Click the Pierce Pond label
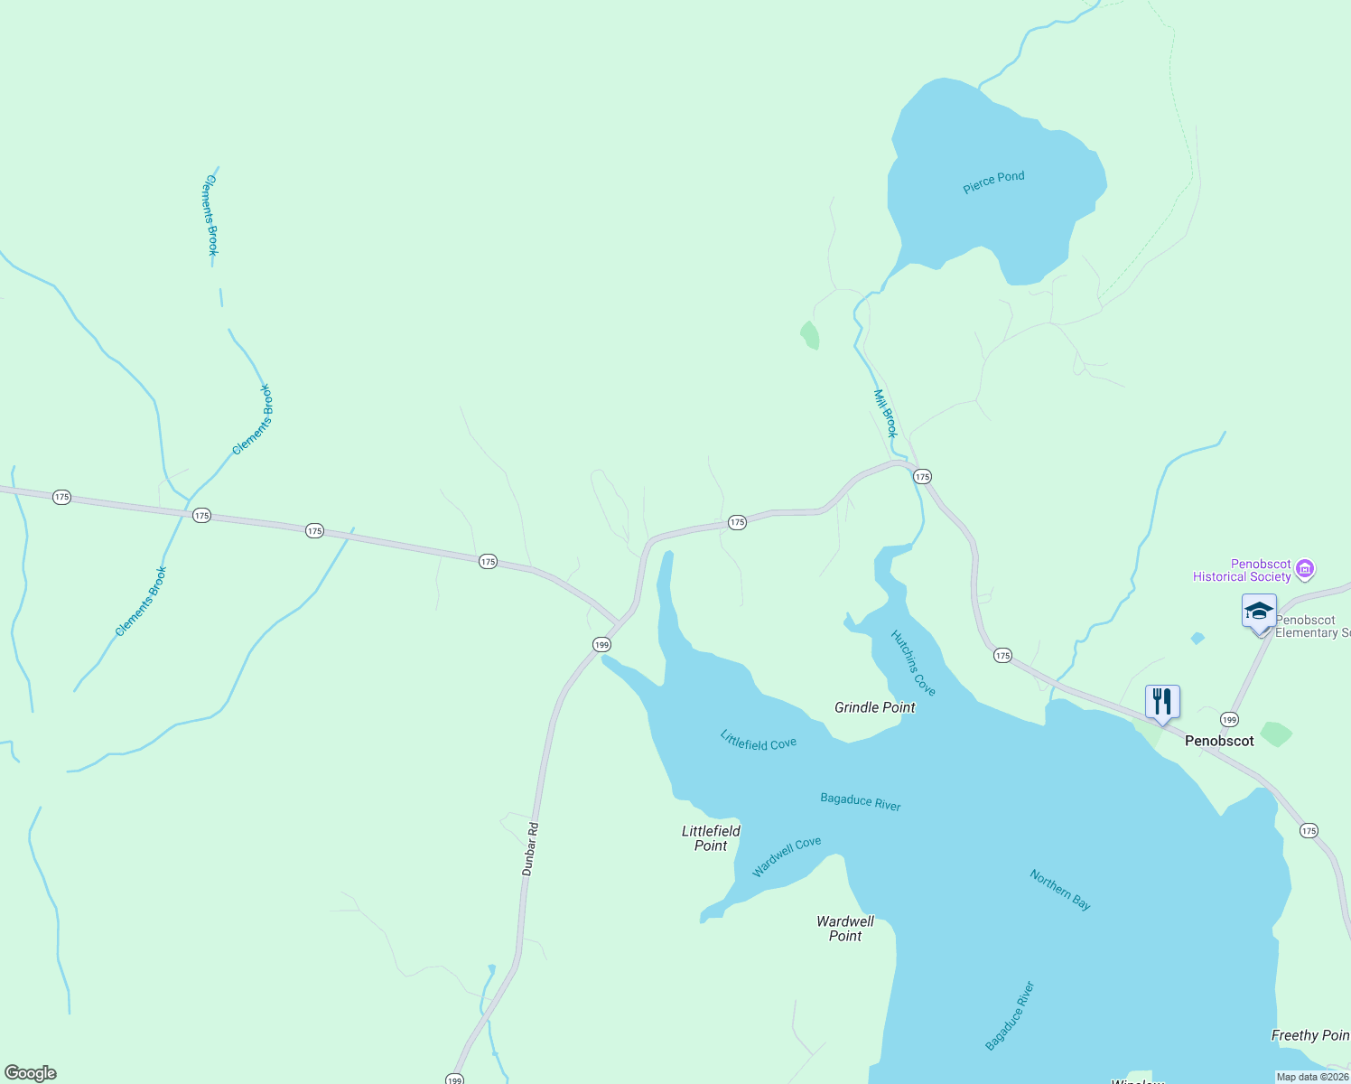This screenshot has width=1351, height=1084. click(x=993, y=182)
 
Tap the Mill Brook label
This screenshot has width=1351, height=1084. click(x=885, y=413)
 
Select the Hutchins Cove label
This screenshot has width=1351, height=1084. click(x=913, y=662)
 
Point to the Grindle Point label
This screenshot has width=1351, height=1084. click(x=874, y=707)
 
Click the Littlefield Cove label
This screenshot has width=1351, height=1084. click(x=758, y=740)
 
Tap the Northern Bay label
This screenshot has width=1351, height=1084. click(x=1060, y=889)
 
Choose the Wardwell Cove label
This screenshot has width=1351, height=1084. click(x=787, y=856)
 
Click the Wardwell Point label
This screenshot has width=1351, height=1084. click(x=845, y=929)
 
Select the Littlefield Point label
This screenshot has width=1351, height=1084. click(x=711, y=838)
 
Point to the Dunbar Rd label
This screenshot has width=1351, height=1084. click(x=530, y=848)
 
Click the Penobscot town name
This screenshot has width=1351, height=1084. click(x=1219, y=741)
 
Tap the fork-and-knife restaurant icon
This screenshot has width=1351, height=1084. click(x=1162, y=701)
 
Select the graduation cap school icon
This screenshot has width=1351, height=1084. click(x=1259, y=612)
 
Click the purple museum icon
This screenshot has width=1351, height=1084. click(x=1304, y=569)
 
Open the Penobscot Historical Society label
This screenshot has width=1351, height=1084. click(x=1242, y=570)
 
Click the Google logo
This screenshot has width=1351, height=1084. click(x=31, y=1073)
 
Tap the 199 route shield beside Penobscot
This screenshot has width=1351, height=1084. click(x=1228, y=720)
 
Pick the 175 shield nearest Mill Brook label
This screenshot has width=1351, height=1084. click(x=921, y=476)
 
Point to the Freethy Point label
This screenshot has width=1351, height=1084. click(x=1309, y=1035)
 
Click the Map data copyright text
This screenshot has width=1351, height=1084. click(x=1312, y=1077)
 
